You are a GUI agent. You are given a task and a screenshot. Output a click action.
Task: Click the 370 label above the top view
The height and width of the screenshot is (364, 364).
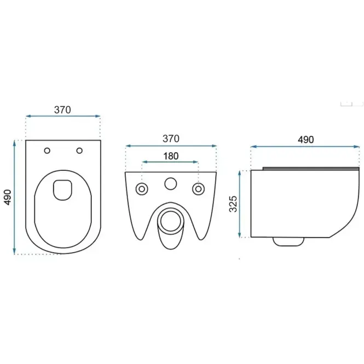(62, 110)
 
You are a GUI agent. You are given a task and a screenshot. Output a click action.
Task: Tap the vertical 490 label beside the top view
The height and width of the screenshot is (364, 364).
(8, 197)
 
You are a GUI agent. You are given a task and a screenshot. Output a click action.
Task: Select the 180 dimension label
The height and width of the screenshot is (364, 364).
(171, 156)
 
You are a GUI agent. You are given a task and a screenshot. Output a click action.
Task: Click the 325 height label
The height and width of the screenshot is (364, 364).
(233, 204)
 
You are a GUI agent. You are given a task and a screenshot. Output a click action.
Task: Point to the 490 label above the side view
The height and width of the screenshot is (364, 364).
(306, 140)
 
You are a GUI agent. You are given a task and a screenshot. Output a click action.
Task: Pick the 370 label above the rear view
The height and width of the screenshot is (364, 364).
(171, 138)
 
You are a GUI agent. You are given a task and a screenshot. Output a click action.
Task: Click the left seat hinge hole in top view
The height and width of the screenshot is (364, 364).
(47, 151)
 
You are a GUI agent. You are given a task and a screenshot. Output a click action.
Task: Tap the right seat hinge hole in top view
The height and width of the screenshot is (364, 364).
(79, 151)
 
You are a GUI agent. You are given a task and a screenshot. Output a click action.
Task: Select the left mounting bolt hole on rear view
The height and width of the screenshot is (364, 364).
(142, 189)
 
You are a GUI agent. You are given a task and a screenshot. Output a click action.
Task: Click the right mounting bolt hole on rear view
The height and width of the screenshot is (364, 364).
(199, 189)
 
